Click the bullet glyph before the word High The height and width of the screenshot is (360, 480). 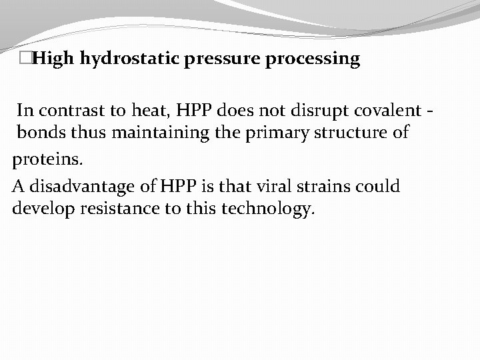(26, 59)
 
